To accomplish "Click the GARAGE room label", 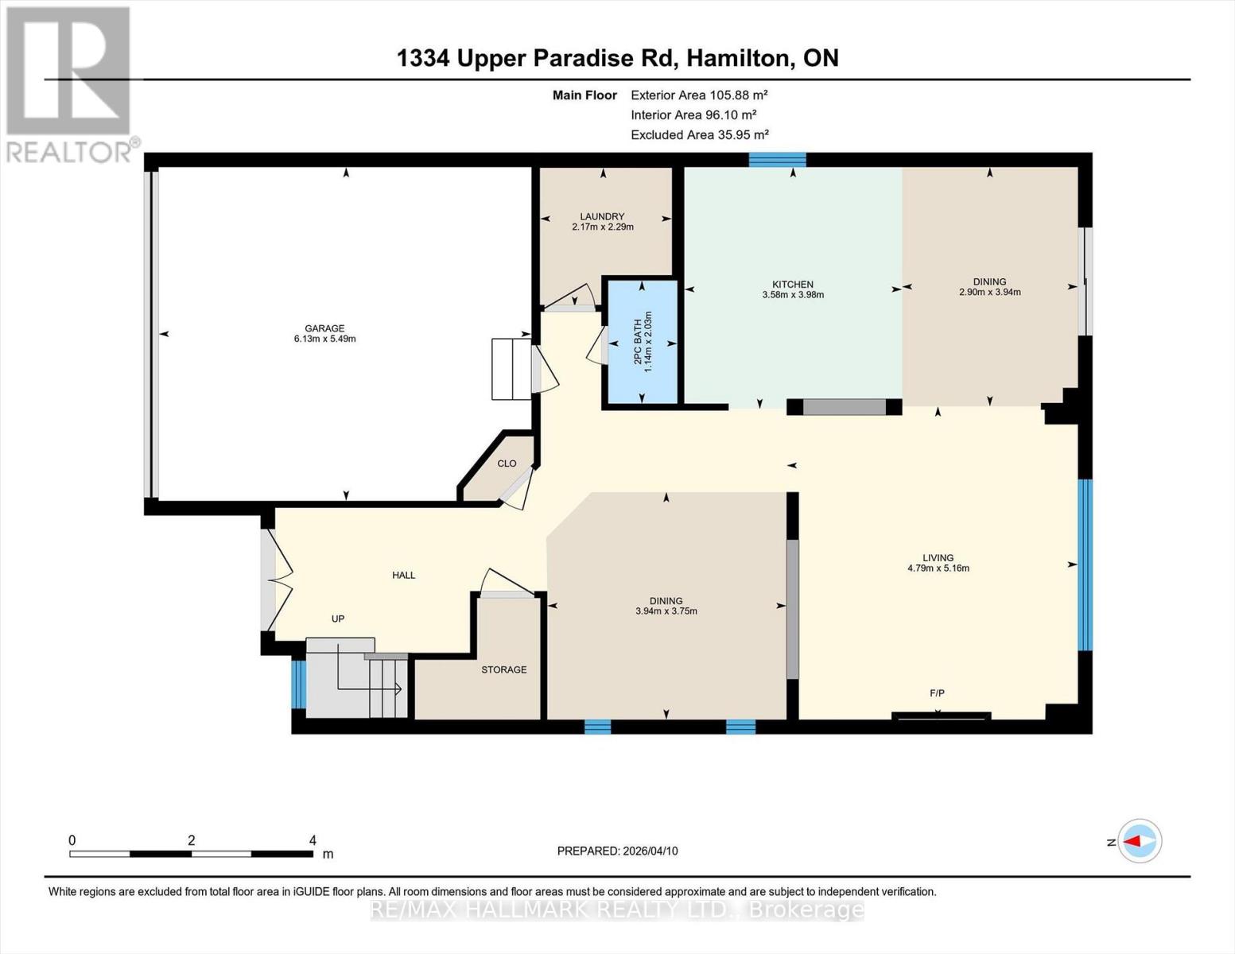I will [x=324, y=328].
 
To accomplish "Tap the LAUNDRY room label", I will [x=602, y=216].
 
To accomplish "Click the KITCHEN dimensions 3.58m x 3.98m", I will [x=793, y=295].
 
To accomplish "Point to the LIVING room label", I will [x=938, y=558].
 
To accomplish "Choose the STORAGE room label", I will [x=503, y=669].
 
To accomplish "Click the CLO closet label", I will [x=507, y=463].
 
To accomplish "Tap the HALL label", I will [x=403, y=575].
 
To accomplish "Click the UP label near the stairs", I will [x=338, y=619].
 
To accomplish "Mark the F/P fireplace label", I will [x=938, y=693].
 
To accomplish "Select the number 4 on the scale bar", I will [x=313, y=840].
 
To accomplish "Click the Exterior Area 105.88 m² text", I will [x=699, y=95].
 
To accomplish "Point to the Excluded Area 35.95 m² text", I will [x=699, y=135].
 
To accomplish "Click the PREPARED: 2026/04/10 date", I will [x=617, y=851].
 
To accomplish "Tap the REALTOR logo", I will [x=69, y=83].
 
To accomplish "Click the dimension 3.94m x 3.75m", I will [x=666, y=611].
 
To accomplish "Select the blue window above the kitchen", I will [x=777, y=160].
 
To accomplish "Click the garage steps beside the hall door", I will [x=511, y=369].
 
